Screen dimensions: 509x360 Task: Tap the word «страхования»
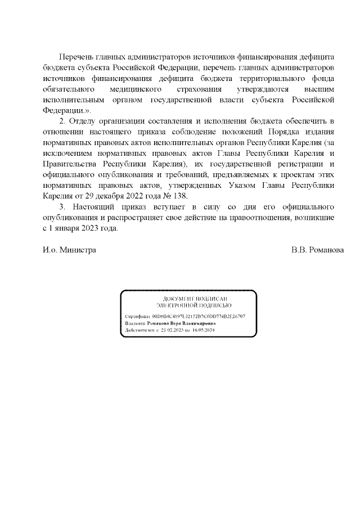coord(199,89)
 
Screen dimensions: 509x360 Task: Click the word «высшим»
coord(323,89)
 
